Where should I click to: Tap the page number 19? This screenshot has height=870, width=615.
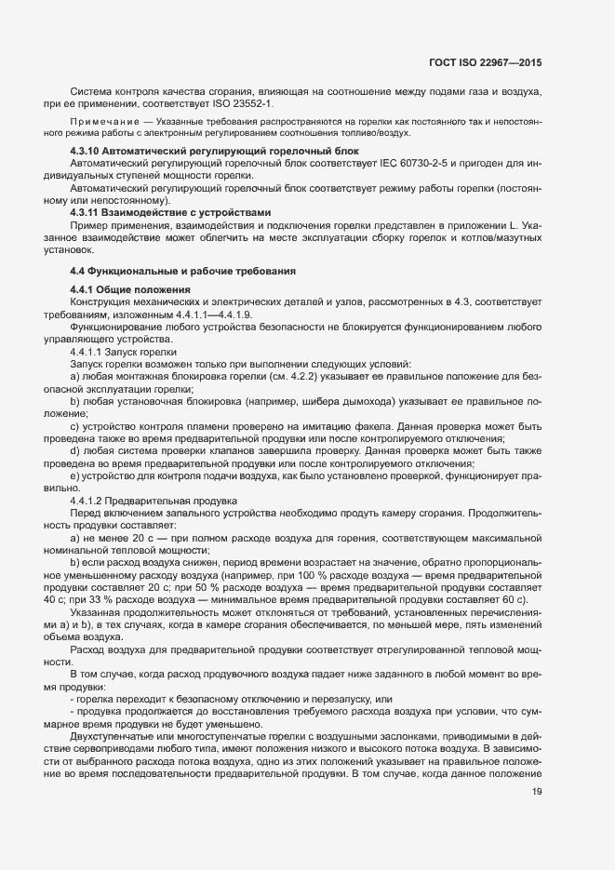click(537, 792)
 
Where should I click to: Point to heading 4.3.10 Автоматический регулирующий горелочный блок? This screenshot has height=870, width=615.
click(215, 151)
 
